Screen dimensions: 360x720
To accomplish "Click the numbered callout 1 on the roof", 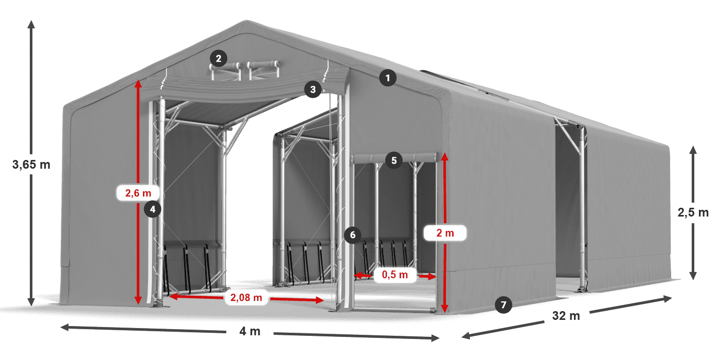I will click(x=388, y=79).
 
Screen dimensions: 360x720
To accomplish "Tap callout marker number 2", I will click(x=219, y=59).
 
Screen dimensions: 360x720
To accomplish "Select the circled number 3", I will click(x=313, y=89).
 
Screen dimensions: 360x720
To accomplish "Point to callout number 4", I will click(x=153, y=209).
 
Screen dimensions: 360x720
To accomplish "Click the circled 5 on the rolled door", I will click(x=393, y=160).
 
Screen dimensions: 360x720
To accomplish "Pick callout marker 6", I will click(x=352, y=236).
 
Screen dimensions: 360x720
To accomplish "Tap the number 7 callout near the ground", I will click(x=503, y=304).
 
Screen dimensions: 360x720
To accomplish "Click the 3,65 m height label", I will click(x=31, y=165).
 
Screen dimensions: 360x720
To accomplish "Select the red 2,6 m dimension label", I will click(x=138, y=193).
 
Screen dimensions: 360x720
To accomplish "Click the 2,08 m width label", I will click(x=246, y=297).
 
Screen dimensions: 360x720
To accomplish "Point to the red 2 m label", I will click(x=445, y=233).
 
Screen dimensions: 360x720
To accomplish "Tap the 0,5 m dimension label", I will click(x=395, y=276).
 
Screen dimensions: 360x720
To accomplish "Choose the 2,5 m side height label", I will click(x=693, y=212).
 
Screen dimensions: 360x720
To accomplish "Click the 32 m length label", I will click(x=566, y=316).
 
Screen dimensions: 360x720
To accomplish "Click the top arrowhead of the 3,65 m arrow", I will click(x=31, y=23).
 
